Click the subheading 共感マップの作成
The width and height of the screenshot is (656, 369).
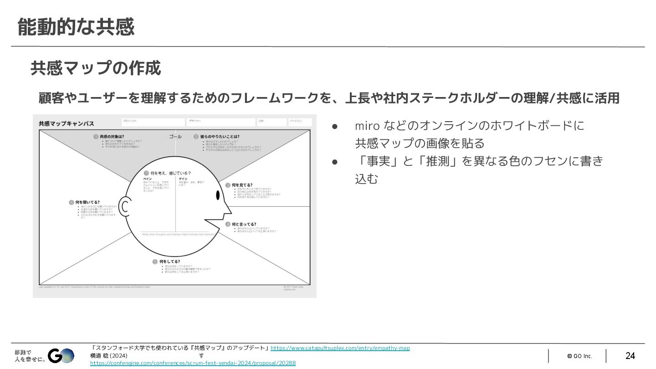[x=96, y=68]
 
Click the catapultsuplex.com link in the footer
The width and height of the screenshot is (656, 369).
[x=340, y=348]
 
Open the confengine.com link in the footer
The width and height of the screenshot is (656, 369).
[x=193, y=363]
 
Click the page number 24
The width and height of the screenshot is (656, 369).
[x=630, y=356]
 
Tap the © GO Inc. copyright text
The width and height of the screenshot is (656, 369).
[x=579, y=356]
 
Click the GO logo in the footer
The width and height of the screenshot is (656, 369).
[x=61, y=356]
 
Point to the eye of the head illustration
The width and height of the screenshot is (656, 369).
[x=218, y=195]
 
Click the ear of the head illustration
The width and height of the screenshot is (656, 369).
[x=125, y=205]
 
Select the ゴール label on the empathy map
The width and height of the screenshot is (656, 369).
[x=175, y=136]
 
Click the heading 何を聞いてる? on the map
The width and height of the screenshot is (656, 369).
[x=87, y=202]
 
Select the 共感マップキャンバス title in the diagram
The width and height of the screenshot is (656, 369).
[x=67, y=123]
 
